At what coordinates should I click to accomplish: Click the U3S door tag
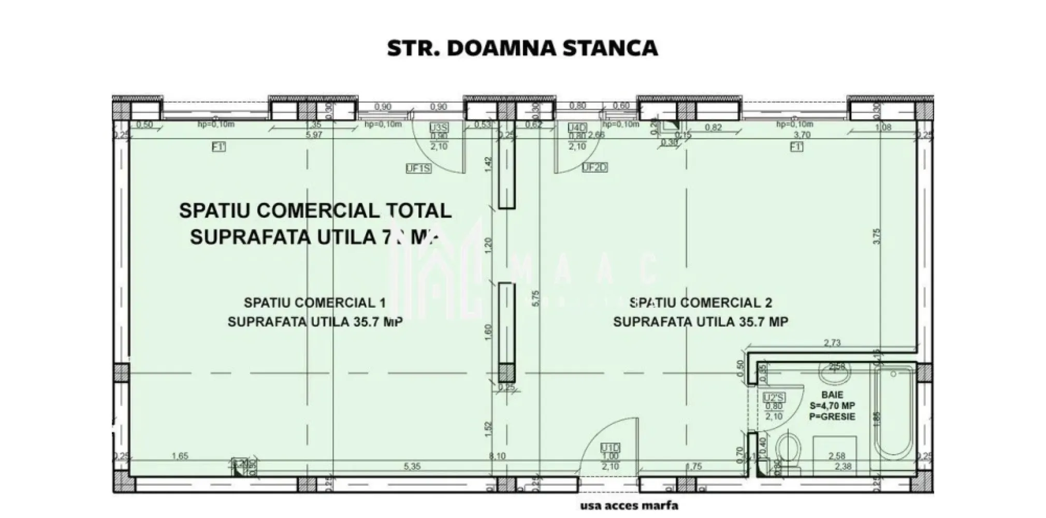point(439,127)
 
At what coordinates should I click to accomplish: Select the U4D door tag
point(576,127)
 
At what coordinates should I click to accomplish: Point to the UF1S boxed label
point(418,168)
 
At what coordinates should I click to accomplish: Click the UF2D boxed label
point(594,167)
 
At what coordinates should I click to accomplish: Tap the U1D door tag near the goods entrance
point(611,448)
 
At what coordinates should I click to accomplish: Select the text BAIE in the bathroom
point(832,395)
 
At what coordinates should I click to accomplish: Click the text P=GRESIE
point(832,416)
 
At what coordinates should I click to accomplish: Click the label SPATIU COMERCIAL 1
point(314,303)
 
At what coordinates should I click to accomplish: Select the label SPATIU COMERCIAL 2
point(701,303)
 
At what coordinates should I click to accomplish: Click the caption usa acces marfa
point(629,506)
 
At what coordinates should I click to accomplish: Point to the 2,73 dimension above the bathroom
point(832,342)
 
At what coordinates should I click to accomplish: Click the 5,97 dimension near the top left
point(314,135)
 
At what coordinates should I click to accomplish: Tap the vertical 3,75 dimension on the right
point(876,236)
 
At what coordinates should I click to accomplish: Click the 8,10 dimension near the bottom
point(497,456)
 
